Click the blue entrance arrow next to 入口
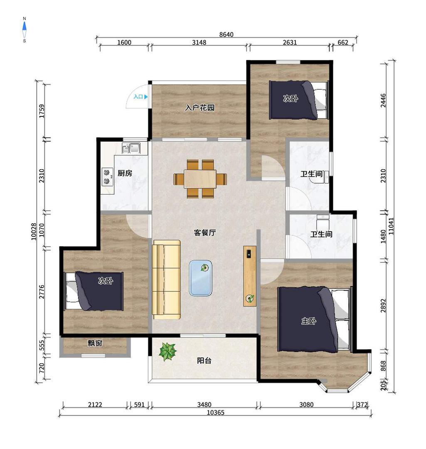[x=146, y=97]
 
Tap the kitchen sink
[x=131, y=148]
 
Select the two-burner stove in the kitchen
[x=107, y=177]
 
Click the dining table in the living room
[x=200, y=179]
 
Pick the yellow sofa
[x=166, y=279]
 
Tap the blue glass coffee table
[x=200, y=278]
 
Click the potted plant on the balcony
[x=167, y=352]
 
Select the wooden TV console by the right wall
[x=250, y=276]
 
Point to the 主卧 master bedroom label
[x=309, y=321]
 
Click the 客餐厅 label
[x=205, y=232]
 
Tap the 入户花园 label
[x=200, y=108]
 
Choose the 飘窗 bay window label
[x=95, y=343]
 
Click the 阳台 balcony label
[x=204, y=360]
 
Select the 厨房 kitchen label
[x=125, y=173]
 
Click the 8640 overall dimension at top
[x=226, y=35]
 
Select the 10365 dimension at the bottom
[x=216, y=412]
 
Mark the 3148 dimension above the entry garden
[x=199, y=42]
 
